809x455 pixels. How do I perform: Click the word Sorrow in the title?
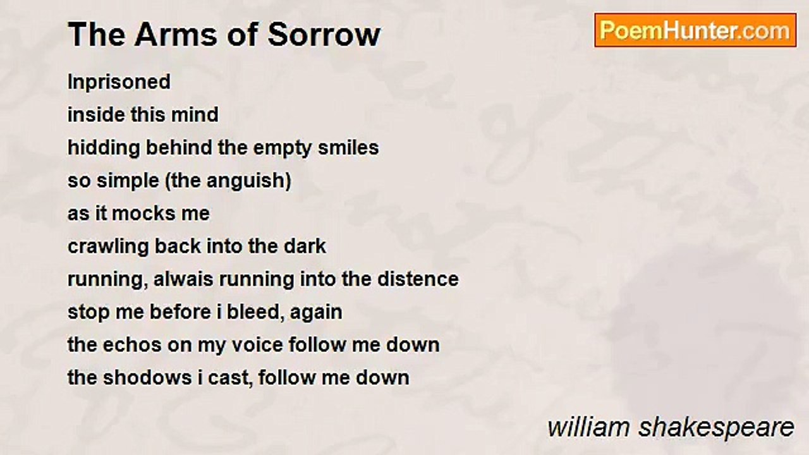[324, 35]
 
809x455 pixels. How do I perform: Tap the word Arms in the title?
[176, 35]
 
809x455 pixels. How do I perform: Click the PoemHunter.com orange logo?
[695, 30]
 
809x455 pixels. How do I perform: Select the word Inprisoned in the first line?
[119, 82]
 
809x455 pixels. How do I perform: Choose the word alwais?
[184, 279]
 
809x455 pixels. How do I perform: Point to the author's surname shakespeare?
[716, 428]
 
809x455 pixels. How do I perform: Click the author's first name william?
[588, 428]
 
